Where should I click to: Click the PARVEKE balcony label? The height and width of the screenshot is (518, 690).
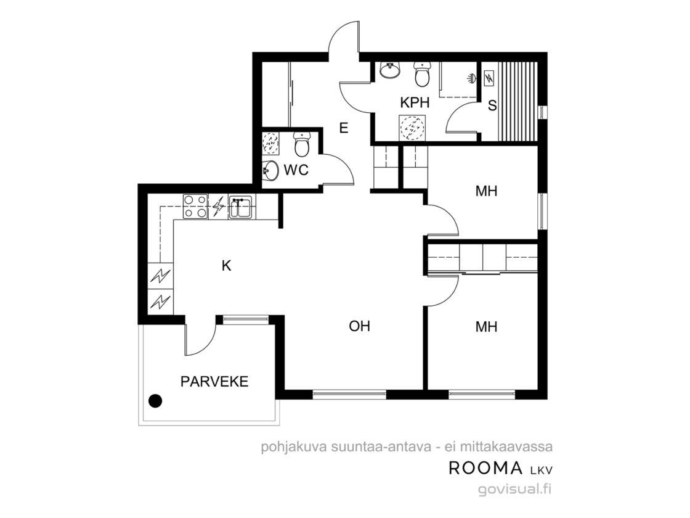coord(214,382)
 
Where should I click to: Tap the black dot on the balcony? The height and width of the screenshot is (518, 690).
coord(155,401)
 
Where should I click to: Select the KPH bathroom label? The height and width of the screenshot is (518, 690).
coord(415,102)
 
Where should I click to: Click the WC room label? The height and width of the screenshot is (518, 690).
coord(296,170)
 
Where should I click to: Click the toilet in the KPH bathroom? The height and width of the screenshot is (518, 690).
coord(423,75)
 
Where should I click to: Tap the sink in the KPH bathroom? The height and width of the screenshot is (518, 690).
coord(390,70)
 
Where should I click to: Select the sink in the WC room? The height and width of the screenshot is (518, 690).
coord(270,170)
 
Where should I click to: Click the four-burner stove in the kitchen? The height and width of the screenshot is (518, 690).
coord(195,207)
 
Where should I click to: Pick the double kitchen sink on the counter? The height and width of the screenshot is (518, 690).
coord(240,207)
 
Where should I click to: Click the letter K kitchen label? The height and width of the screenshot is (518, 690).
coord(226,266)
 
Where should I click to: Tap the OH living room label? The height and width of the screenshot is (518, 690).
coord(359,326)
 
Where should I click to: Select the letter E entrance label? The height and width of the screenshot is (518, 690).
coord(344,128)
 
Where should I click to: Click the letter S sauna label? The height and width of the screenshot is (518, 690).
coord(492,105)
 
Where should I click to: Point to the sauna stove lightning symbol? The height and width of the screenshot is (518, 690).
coord(489,79)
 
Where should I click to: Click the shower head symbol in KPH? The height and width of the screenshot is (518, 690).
coord(472,78)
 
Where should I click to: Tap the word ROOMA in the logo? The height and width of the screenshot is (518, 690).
coord(485,468)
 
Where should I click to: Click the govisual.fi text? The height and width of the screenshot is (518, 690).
coord(515,489)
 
